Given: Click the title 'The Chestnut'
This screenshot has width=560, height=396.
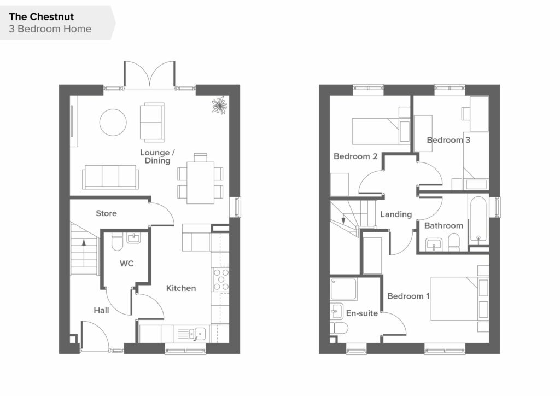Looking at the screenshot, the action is coord(42,17).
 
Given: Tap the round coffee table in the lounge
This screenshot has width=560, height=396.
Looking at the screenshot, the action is coord(113,123).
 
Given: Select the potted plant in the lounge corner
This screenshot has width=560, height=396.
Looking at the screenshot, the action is coord(219,106).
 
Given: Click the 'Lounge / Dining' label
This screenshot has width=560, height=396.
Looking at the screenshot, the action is coord(157,156).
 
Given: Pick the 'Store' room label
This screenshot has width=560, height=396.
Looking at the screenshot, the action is coord(107,213).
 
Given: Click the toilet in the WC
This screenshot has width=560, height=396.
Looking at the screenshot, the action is coord(117,242).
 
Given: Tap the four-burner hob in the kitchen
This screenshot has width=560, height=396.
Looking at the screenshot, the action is coord(221,279).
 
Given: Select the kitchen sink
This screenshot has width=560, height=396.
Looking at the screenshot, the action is coord(197,334).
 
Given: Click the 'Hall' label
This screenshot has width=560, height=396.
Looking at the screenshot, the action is coord(101,310).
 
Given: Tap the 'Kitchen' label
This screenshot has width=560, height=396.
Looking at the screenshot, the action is coord(181,288).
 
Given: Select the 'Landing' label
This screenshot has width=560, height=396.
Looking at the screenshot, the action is coord(396,214).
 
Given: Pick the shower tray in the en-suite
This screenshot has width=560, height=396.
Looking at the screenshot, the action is coord(343,289).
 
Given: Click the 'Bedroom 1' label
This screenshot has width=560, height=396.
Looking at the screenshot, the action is coord(409,296).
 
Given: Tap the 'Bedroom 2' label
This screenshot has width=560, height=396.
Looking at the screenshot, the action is coord(355,156).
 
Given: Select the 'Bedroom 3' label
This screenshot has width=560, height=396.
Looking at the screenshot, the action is coord(448,140).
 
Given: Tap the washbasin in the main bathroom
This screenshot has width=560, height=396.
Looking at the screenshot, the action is coord(434,245).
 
